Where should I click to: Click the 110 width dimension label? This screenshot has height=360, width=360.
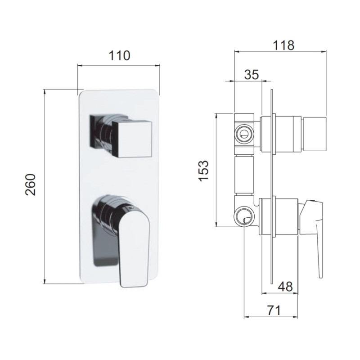click(119, 55)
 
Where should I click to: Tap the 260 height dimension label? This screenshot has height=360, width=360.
click(31, 184)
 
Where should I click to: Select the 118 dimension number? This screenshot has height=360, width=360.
click(283, 45)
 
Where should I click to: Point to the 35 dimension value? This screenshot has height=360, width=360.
click(252, 74)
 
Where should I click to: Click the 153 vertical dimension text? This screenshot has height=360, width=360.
click(204, 171)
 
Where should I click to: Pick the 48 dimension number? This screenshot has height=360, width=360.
click(285, 287)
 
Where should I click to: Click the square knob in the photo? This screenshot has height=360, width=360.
click(132, 139)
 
